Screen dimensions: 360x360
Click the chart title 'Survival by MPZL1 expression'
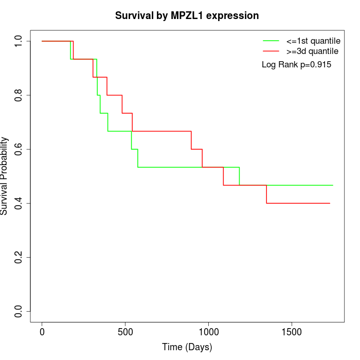coord(187,15)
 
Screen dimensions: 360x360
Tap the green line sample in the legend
coord(271,41)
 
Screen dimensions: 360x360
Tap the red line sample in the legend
coord(271,51)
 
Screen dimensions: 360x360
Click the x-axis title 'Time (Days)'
coord(187,347)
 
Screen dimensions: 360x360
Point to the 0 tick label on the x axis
coord(42,332)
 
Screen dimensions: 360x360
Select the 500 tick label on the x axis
coord(125,332)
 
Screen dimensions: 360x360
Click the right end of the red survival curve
coord(329,203)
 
